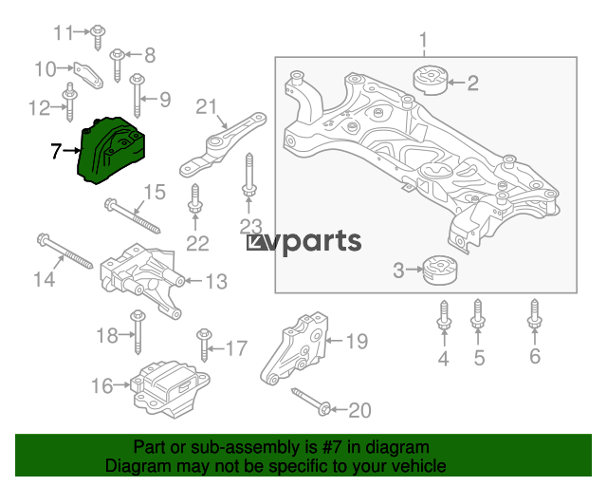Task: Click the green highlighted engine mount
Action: (x=111, y=150)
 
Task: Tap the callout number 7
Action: (x=56, y=151)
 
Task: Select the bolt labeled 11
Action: (x=98, y=38)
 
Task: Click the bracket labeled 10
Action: (x=88, y=75)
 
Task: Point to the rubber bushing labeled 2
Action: (x=430, y=81)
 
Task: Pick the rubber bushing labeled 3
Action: (x=440, y=270)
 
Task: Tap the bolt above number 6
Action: (x=534, y=315)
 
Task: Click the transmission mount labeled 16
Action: (x=170, y=388)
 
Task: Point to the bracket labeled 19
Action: (x=295, y=348)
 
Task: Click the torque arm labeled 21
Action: (x=223, y=144)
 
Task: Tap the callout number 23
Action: (x=250, y=227)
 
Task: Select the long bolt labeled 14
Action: (x=65, y=252)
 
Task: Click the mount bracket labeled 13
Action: (x=142, y=281)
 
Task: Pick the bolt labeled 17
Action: (x=204, y=345)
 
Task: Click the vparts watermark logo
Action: (x=303, y=243)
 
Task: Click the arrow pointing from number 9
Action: (x=149, y=100)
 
